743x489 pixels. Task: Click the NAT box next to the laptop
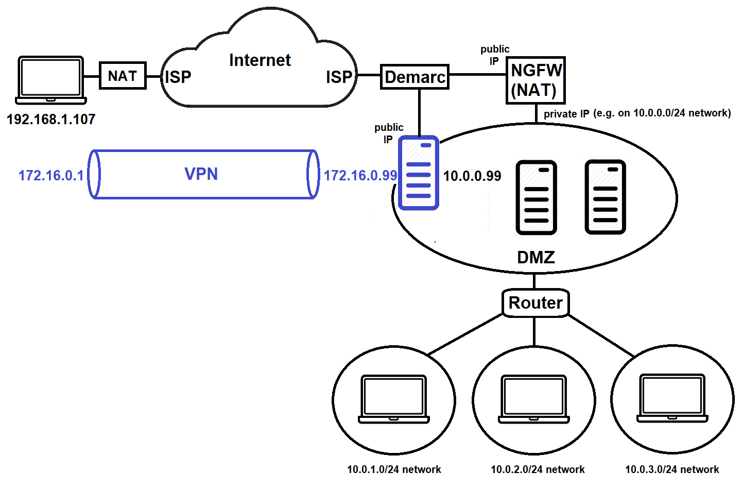[x=123, y=76]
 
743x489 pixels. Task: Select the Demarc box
[x=414, y=77]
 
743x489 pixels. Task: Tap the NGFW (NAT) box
[x=535, y=80]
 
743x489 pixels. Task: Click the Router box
[x=535, y=302]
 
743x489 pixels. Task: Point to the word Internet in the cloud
[x=260, y=60]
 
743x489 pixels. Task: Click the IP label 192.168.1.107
[x=50, y=120]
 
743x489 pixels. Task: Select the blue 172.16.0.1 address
[x=50, y=176]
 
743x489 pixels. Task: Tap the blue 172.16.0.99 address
[x=360, y=176]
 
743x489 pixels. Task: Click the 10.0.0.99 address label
[x=472, y=176]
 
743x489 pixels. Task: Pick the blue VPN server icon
[x=419, y=173]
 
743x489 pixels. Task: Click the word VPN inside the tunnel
[x=201, y=174]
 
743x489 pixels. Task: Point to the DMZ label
[x=535, y=257]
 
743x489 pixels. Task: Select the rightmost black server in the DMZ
[x=605, y=197]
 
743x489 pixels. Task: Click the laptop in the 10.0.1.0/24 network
[x=394, y=399]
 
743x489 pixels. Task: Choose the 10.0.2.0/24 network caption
[x=537, y=469]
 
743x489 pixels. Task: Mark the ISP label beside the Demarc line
[x=339, y=77]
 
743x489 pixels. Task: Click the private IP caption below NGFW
[x=637, y=113]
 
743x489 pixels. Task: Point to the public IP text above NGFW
[x=494, y=55]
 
